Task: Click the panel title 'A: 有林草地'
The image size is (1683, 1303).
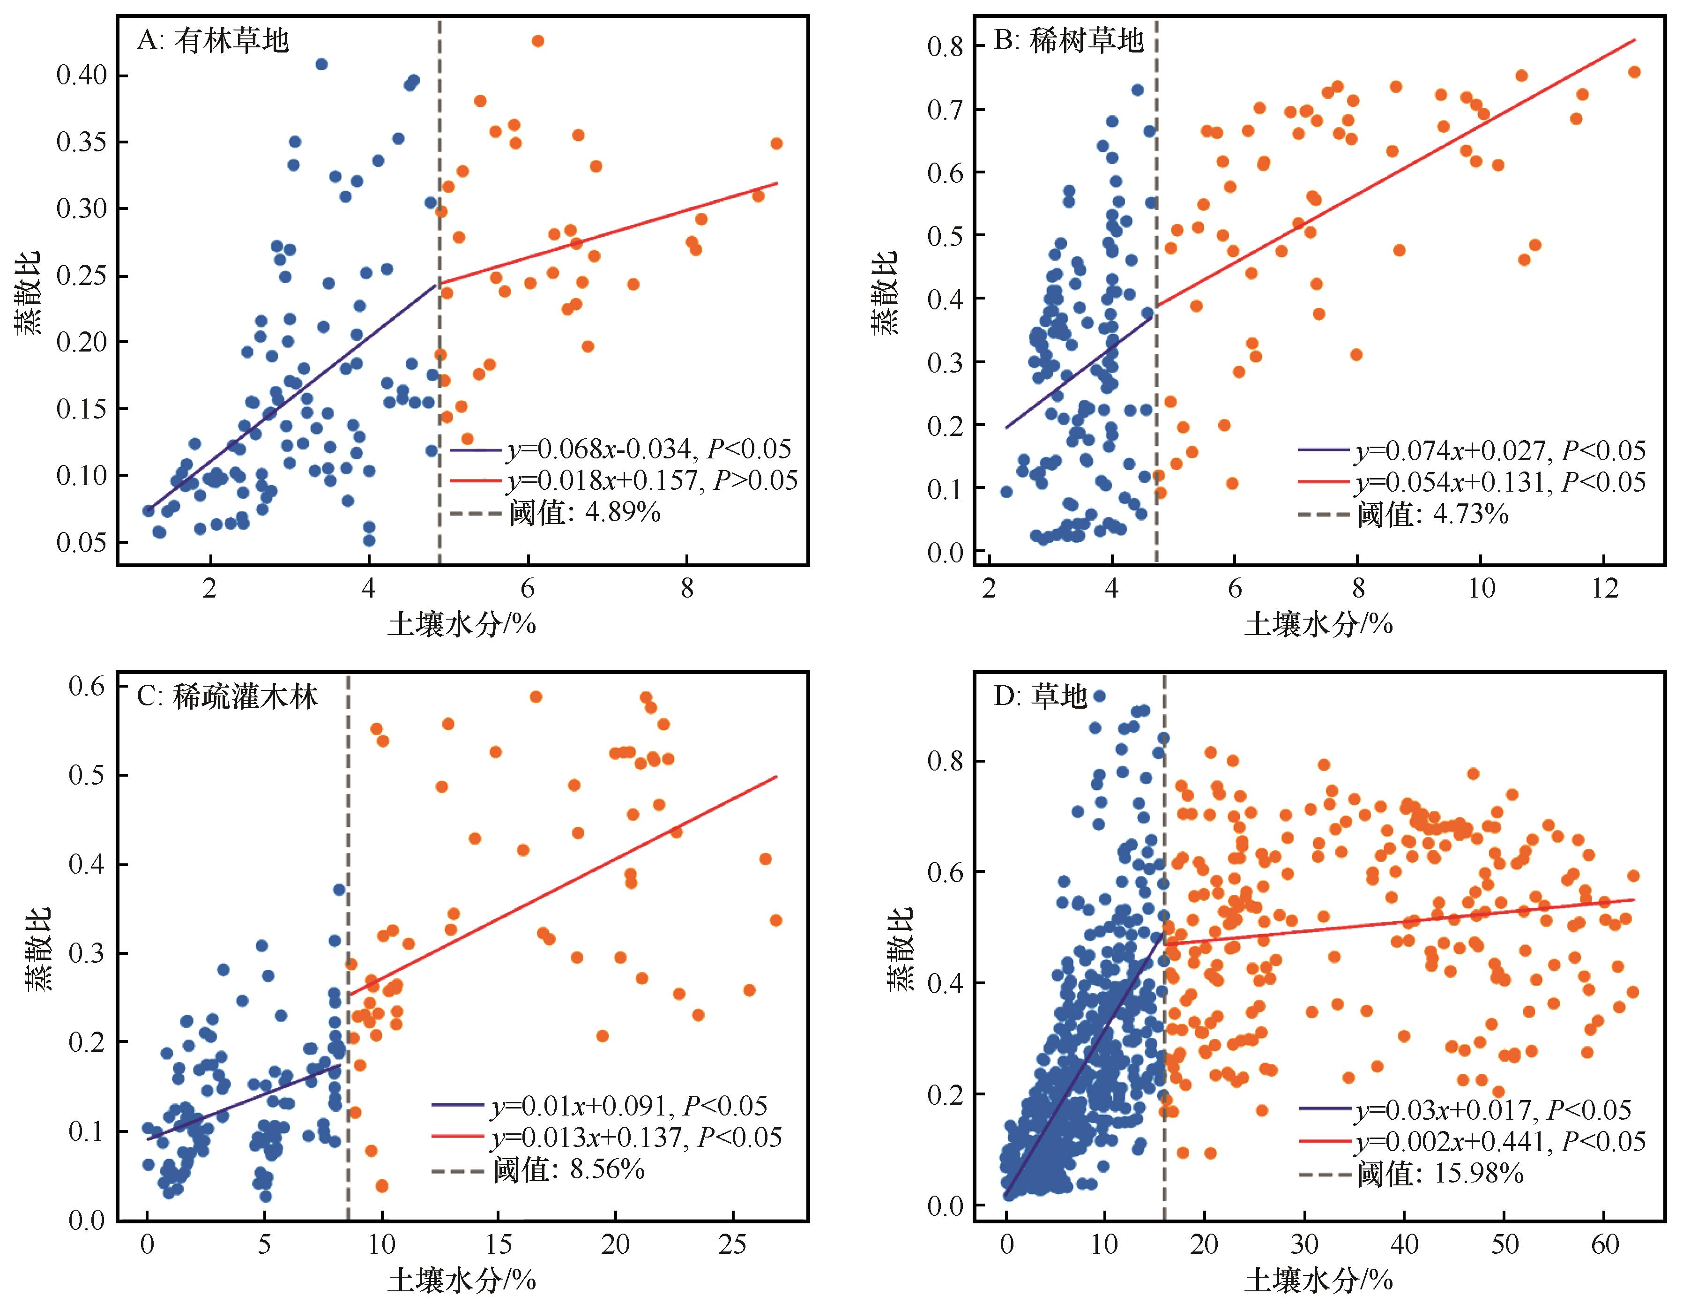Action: pos(213,41)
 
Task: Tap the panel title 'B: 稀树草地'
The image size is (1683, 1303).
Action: pos(1069,41)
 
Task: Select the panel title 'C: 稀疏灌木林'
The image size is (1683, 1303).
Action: pos(227,697)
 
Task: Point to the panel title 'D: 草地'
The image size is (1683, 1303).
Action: pos(1040,697)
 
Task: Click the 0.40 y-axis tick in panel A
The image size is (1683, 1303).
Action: pos(82,75)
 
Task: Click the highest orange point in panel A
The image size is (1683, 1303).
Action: pos(538,41)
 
